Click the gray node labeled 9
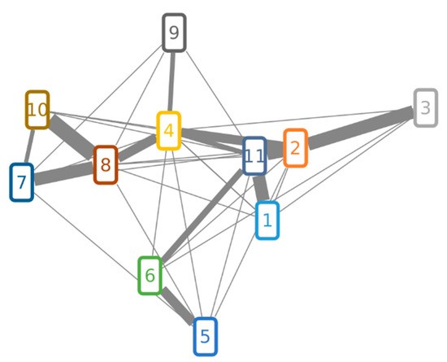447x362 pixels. [x=174, y=33]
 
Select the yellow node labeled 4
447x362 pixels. [x=169, y=131]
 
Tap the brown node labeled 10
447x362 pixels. [x=37, y=110]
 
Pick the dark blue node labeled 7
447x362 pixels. [x=22, y=182]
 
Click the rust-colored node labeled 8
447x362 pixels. [x=106, y=164]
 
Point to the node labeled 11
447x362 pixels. [x=254, y=155]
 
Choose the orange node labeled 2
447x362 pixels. [x=295, y=148]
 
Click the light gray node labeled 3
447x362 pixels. [x=425, y=108]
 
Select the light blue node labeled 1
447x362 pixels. [x=267, y=220]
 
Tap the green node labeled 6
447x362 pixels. [x=150, y=276]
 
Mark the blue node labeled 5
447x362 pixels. [x=206, y=336]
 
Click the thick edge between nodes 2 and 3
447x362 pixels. [x=361, y=128]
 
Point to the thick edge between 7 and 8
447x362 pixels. [x=63, y=173]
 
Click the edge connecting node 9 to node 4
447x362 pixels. [x=171, y=82]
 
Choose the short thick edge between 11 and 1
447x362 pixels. [x=261, y=188]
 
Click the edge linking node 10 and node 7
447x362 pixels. [x=29, y=146]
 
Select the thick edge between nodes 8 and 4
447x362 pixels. [x=137, y=147]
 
